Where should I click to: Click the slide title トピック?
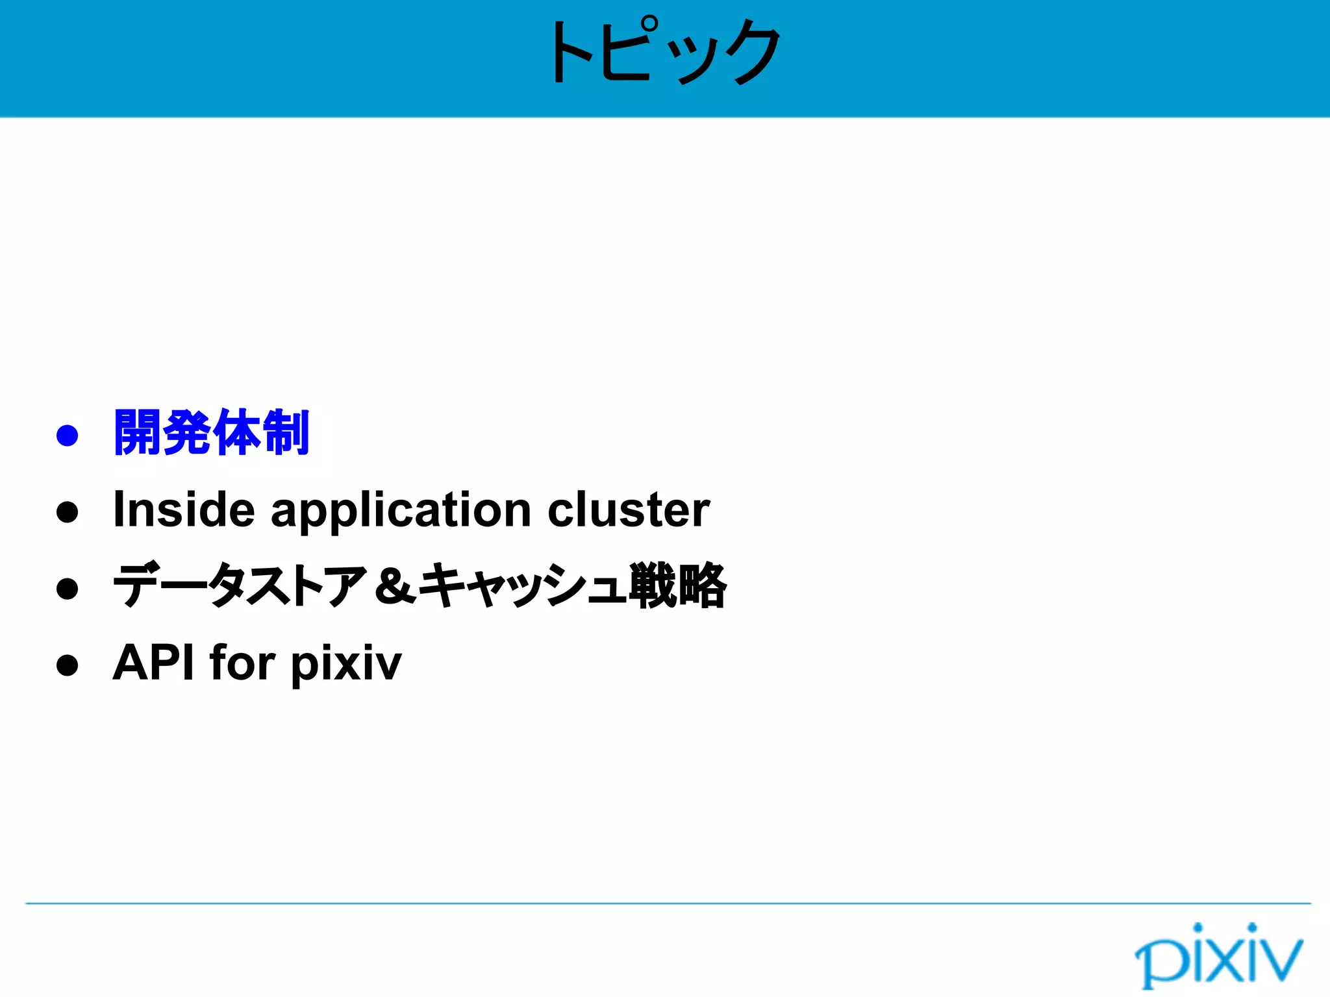click(x=664, y=52)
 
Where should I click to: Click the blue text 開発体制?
click(x=211, y=433)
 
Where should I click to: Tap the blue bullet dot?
click(x=68, y=435)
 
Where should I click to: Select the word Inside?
click(x=184, y=510)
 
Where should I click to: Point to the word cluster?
click(x=628, y=510)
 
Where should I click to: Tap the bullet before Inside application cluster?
click(x=68, y=512)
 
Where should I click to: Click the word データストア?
click(x=240, y=585)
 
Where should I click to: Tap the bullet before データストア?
click(x=68, y=589)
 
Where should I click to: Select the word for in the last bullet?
click(x=242, y=663)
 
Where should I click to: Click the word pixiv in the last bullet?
click(x=346, y=664)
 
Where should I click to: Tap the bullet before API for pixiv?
click(x=68, y=665)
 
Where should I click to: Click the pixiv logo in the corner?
click(x=1219, y=956)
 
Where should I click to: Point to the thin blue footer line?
click(x=668, y=903)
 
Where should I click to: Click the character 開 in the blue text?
click(x=138, y=433)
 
